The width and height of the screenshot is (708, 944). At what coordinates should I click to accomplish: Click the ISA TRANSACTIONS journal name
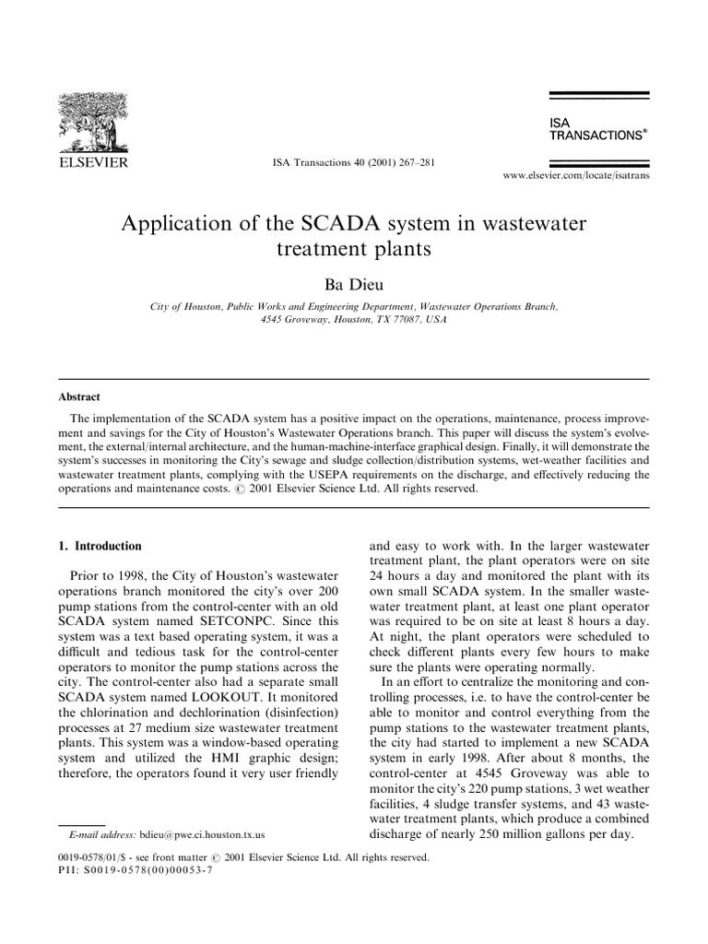(x=596, y=128)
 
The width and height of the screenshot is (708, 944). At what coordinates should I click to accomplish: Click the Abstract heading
(x=78, y=399)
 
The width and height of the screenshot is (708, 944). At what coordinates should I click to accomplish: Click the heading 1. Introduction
(x=100, y=546)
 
